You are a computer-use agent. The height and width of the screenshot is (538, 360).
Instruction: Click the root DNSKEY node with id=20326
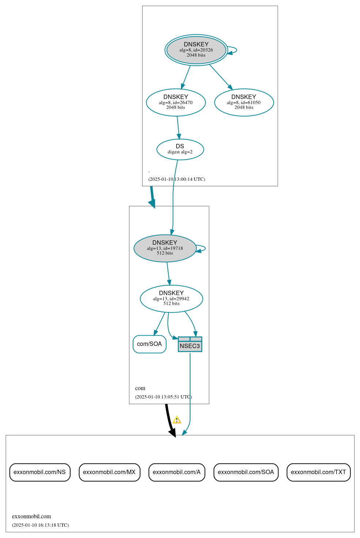pos(196,50)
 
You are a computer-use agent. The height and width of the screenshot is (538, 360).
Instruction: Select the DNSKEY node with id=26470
pos(176,102)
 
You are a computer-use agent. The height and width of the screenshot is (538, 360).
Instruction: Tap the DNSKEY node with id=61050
pos(244,102)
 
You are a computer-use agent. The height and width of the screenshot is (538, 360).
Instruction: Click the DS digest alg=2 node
pos(180,149)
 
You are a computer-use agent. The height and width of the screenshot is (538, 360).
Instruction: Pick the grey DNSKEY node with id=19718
pos(165,248)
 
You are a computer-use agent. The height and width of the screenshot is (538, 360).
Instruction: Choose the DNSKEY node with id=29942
pos(171,298)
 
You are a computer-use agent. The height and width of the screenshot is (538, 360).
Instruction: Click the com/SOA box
pos(149,344)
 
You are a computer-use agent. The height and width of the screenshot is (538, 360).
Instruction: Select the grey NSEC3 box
pos(190,344)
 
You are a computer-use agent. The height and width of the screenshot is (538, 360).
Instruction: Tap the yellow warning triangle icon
pos(177,420)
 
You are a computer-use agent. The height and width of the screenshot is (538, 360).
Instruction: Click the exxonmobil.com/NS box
pos(40,472)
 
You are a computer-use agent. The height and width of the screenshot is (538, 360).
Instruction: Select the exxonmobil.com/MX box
pos(109,472)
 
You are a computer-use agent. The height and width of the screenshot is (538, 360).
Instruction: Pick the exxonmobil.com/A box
pos(177,472)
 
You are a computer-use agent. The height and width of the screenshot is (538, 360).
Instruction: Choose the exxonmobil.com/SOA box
pos(246,472)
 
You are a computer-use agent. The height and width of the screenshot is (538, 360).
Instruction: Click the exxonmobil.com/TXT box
pos(318,472)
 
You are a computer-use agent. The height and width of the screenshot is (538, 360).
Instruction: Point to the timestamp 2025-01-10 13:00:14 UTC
pos(177,179)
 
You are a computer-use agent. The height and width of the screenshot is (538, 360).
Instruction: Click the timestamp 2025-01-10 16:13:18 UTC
pos(40,525)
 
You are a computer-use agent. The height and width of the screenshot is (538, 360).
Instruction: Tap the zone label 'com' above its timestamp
pos(140,388)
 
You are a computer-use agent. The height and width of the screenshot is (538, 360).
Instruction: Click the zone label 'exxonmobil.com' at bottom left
pos(31,516)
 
